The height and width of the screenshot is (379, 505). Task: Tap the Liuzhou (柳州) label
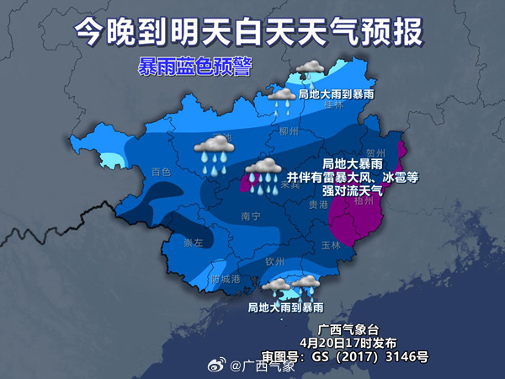[289, 132]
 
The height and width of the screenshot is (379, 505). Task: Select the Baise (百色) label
[161, 172]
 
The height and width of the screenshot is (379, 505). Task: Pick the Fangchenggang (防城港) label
[226, 279]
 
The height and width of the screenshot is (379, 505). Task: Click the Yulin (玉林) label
[330, 245]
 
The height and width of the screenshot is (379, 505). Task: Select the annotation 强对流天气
[347, 191]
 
